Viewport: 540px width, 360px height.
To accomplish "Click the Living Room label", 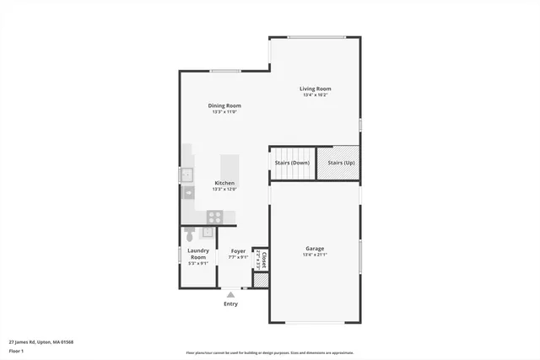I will [316, 89].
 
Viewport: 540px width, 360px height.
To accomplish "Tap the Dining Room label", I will [224, 105].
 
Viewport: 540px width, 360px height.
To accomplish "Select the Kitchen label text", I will [224, 183].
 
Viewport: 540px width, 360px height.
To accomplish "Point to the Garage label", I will [315, 248].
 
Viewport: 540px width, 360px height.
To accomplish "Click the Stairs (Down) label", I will [292, 162].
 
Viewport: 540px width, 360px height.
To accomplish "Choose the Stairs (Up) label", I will [341, 162].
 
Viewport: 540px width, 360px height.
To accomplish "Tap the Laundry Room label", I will [197, 253].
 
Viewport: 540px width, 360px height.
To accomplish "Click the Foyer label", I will [238, 250].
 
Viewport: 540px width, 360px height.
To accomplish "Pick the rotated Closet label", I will [264, 259].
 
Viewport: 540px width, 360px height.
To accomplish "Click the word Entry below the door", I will [230, 304].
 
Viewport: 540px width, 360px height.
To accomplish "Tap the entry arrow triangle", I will [230, 294].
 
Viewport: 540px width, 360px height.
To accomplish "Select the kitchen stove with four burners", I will [214, 216].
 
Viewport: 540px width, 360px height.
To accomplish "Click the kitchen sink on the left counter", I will [186, 175].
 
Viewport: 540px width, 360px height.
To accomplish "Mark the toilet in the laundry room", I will [191, 234].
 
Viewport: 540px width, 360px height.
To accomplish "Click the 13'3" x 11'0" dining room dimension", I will [224, 112].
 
